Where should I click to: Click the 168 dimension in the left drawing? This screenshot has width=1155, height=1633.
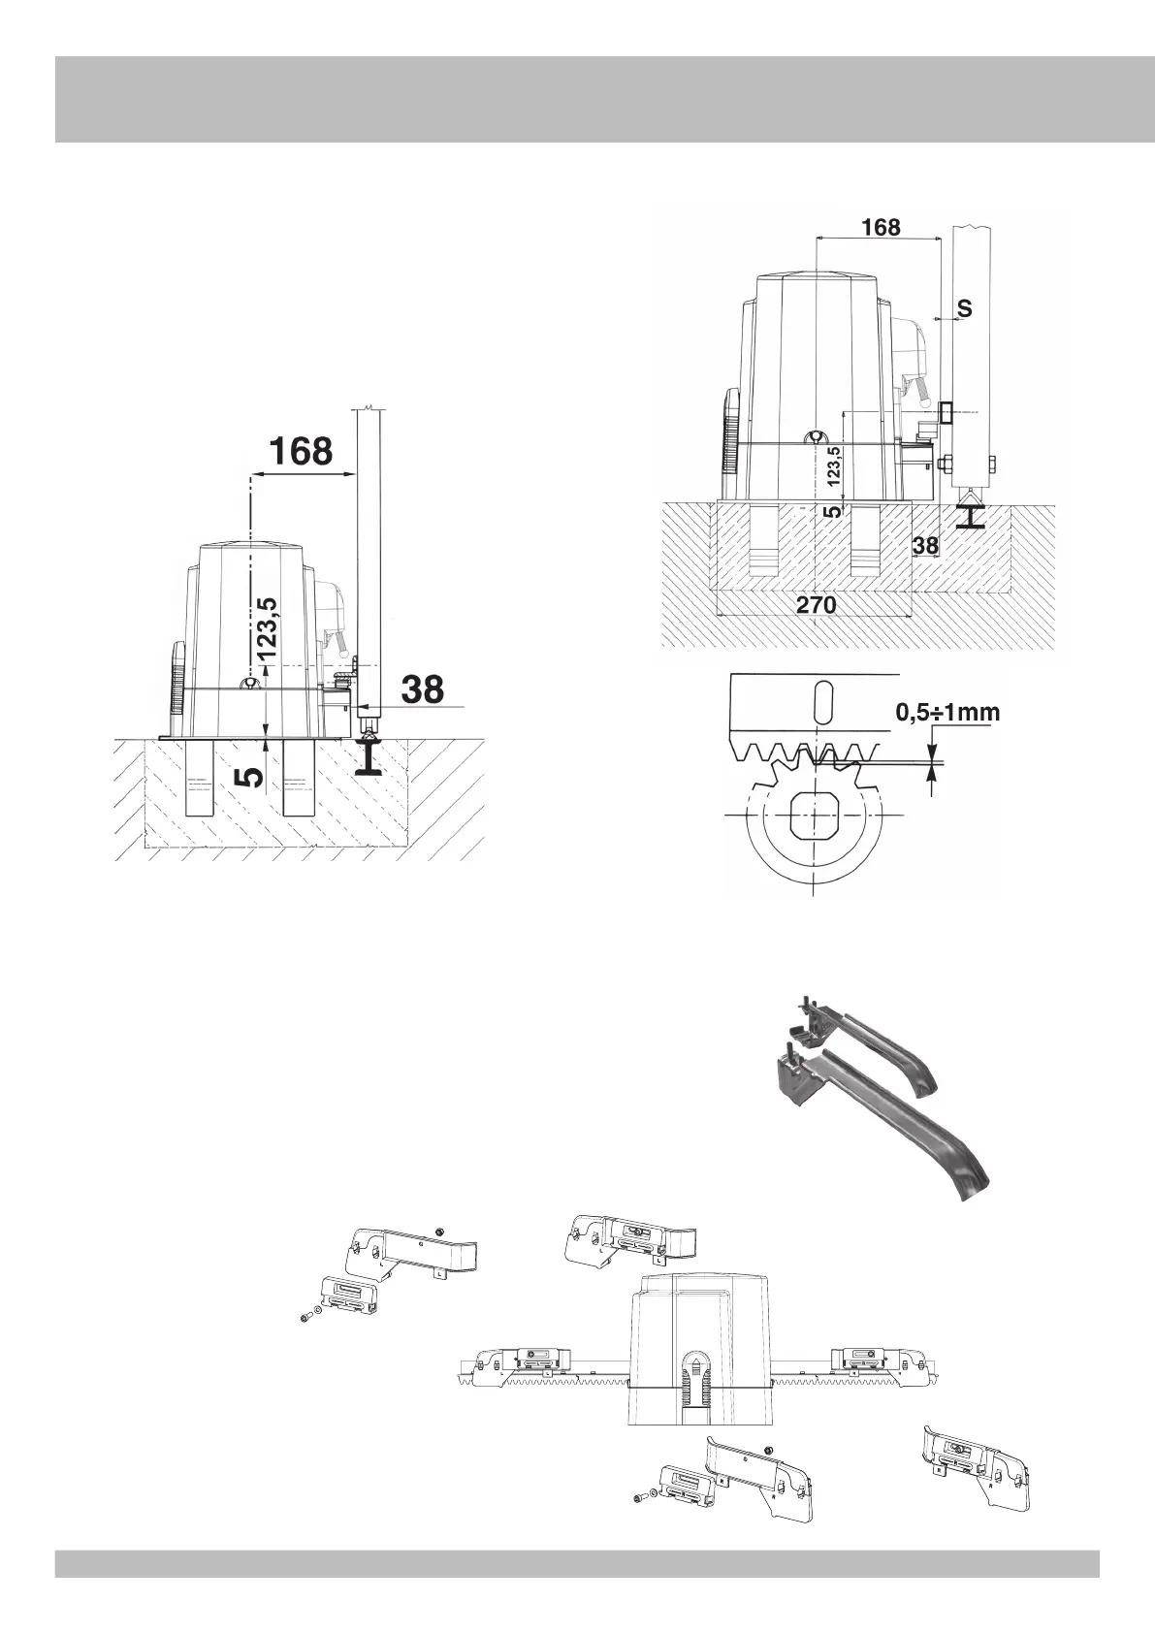pos(301,451)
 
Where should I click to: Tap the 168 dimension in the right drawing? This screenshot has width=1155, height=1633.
pos(881,227)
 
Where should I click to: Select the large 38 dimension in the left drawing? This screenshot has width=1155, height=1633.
pos(423,689)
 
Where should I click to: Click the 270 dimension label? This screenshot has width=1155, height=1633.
pos(817,605)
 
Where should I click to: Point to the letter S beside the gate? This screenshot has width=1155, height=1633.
pos(964,308)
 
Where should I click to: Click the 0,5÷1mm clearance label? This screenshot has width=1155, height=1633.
pos(946,713)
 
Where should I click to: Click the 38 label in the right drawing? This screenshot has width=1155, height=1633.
pos(926,546)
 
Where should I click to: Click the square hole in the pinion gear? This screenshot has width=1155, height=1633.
pos(813,814)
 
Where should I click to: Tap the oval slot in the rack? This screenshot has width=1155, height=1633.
pos(822,700)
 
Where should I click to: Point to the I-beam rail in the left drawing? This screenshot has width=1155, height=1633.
pos(370,754)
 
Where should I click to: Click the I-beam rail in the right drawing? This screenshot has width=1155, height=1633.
pos(970,513)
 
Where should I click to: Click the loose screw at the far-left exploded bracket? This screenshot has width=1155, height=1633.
pos(305,1316)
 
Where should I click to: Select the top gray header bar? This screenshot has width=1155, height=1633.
pos(577,99)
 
